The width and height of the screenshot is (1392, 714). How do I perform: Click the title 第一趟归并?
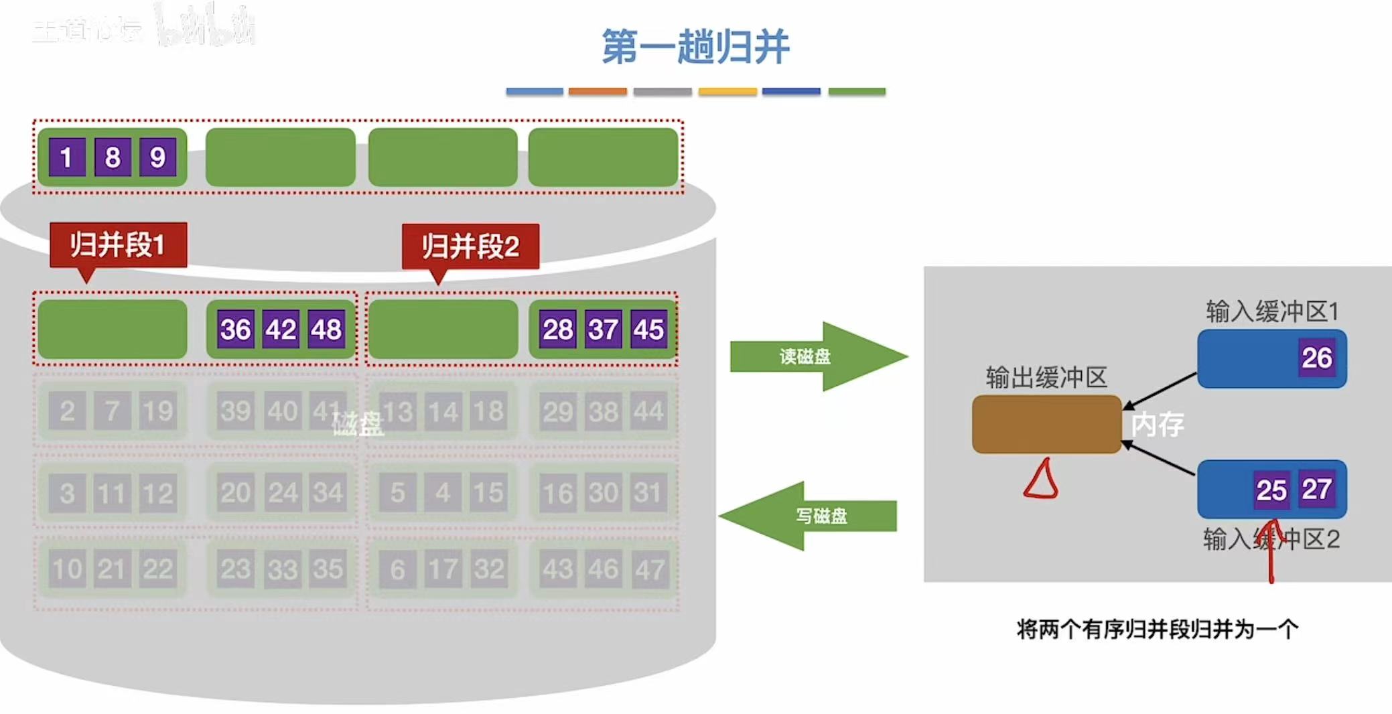click(695, 47)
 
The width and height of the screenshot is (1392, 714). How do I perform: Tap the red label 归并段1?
click(118, 244)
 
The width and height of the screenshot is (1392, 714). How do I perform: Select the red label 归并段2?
click(470, 246)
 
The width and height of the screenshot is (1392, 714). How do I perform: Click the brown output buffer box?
click(1046, 424)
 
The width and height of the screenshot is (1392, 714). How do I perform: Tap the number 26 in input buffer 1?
click(1316, 358)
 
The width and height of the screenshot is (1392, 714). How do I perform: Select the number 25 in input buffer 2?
click(1271, 490)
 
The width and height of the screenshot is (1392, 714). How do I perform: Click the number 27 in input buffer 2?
click(1316, 489)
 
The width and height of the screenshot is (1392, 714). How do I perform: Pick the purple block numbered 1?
click(66, 157)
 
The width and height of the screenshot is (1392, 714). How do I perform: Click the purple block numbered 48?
click(326, 329)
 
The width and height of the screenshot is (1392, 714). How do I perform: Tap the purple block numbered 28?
click(557, 329)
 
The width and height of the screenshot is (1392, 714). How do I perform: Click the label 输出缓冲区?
click(1046, 378)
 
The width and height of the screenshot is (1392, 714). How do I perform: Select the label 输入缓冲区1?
click(1271, 311)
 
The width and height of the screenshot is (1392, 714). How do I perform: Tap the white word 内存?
click(1158, 425)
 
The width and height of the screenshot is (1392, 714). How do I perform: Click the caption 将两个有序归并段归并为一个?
click(1157, 629)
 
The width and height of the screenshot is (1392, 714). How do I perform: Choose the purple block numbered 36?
click(236, 329)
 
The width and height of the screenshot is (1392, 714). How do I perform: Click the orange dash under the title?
click(598, 91)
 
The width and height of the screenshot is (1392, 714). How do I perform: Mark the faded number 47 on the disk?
click(649, 569)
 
